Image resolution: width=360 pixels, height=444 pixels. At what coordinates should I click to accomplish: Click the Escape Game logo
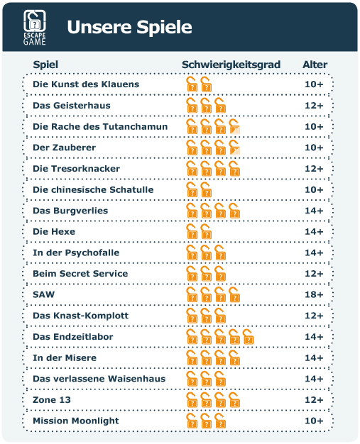click(x=35, y=28)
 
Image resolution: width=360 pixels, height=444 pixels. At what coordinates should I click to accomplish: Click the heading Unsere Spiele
click(x=129, y=27)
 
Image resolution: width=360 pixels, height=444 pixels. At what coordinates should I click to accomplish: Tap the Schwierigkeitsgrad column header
click(x=231, y=65)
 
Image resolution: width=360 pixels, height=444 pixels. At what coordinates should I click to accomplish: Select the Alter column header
click(x=315, y=65)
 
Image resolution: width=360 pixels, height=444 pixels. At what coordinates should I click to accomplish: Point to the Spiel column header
click(x=45, y=65)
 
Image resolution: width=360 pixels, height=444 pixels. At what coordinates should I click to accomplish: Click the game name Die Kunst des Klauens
click(x=86, y=84)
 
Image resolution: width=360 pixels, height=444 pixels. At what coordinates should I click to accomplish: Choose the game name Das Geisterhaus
click(x=72, y=106)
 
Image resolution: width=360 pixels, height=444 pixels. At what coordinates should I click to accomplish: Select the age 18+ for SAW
click(x=314, y=294)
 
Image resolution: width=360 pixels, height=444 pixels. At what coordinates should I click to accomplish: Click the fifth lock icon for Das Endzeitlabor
click(x=249, y=337)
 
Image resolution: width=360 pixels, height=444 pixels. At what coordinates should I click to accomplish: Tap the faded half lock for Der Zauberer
click(x=234, y=148)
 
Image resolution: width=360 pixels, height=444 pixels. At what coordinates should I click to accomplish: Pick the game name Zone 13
click(x=52, y=399)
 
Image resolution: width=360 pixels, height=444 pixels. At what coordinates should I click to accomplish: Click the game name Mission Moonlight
click(x=76, y=421)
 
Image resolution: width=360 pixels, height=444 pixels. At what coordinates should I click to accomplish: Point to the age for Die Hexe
click(x=314, y=232)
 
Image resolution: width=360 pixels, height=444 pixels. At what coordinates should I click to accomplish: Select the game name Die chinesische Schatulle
click(x=93, y=189)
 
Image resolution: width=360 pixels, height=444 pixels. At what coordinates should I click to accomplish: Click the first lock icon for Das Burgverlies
click(x=192, y=211)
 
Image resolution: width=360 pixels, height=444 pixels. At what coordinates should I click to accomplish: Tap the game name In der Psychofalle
click(x=76, y=252)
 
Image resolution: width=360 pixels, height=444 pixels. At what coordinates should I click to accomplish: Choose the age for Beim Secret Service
click(x=314, y=274)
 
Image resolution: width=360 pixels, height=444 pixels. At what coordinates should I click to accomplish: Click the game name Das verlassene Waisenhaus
click(x=99, y=379)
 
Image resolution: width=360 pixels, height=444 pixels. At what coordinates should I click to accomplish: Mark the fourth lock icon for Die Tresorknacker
click(x=234, y=169)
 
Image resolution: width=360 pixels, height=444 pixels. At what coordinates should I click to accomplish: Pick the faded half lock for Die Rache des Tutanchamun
click(x=234, y=126)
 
